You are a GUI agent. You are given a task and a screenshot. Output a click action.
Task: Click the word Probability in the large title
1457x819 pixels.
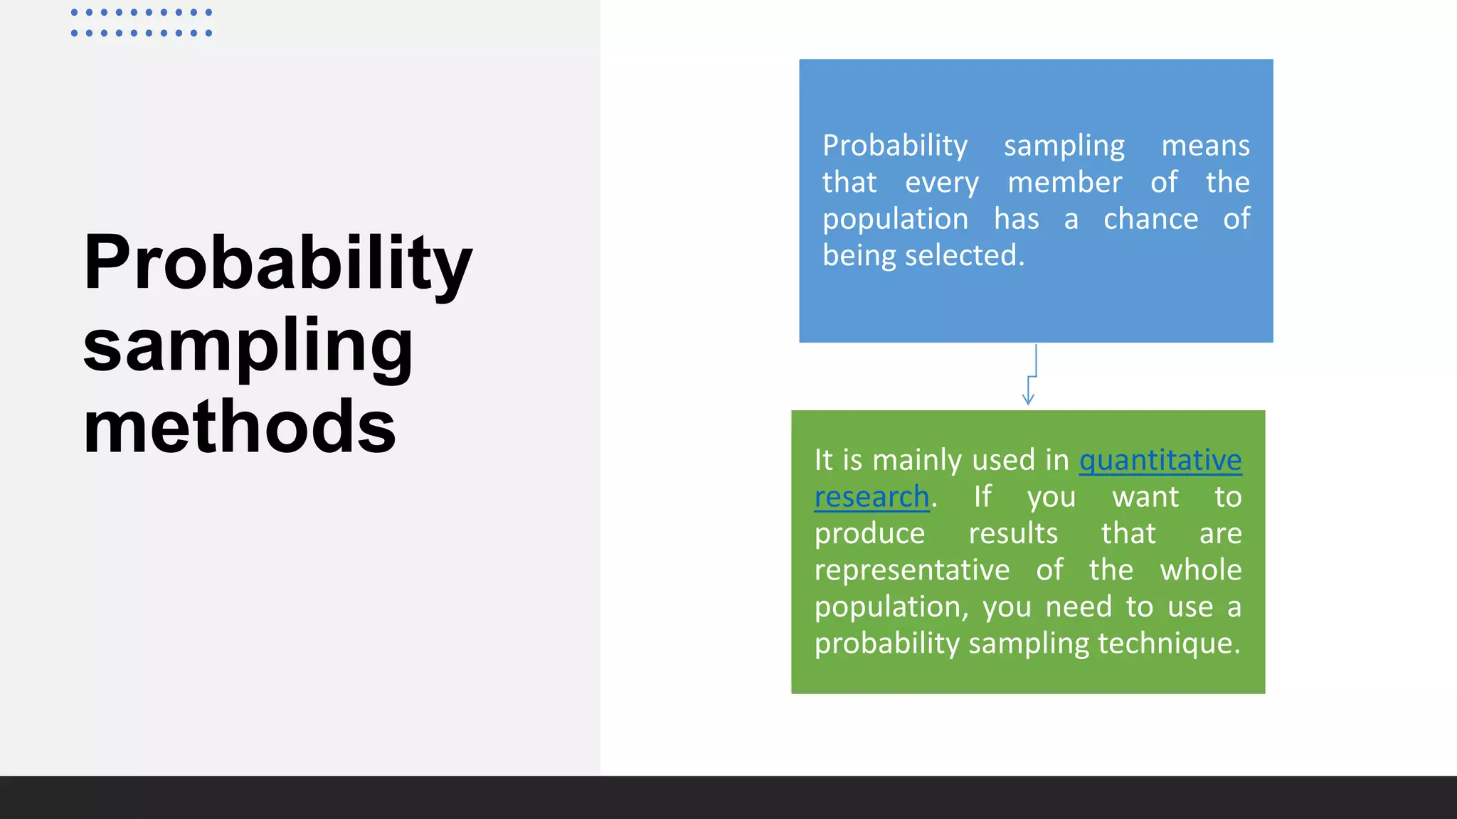pos(277,263)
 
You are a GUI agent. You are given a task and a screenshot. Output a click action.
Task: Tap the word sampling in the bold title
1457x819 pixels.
pos(248,346)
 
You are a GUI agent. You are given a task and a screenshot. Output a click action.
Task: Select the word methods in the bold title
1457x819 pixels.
pos(239,427)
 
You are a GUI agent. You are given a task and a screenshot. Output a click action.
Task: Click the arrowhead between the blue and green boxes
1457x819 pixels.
pos(1028,399)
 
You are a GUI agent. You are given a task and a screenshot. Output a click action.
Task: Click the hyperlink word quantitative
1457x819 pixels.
pos(1160,461)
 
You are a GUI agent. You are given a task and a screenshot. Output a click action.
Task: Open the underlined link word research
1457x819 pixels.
pos(871,497)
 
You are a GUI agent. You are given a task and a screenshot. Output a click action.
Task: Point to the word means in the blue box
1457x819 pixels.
pos(1205,146)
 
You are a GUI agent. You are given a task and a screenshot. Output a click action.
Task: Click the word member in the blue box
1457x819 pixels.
pos(1064,183)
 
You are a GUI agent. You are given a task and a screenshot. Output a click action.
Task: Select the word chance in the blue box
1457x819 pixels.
pos(1150,219)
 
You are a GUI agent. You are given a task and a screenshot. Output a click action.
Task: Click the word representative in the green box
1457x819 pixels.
pos(912,570)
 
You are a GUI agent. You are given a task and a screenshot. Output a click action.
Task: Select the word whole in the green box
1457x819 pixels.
pos(1200,570)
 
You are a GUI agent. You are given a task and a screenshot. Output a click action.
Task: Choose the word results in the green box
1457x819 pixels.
pos(1013,533)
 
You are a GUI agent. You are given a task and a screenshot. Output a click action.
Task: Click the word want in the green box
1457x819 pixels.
pos(1145,497)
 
